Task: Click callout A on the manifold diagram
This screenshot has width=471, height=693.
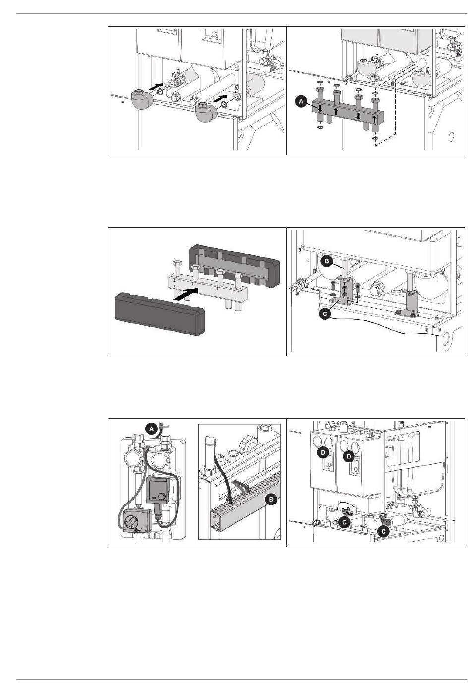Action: (x=302, y=101)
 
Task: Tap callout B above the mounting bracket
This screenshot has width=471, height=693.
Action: (x=326, y=262)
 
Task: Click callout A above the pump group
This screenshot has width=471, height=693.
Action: (x=152, y=429)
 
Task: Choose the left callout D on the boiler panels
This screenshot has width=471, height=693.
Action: (x=323, y=453)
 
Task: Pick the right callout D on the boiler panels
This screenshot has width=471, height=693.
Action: (x=350, y=456)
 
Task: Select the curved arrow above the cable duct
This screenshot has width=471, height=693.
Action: (x=241, y=485)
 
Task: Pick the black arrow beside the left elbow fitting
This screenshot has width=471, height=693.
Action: (x=156, y=86)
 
